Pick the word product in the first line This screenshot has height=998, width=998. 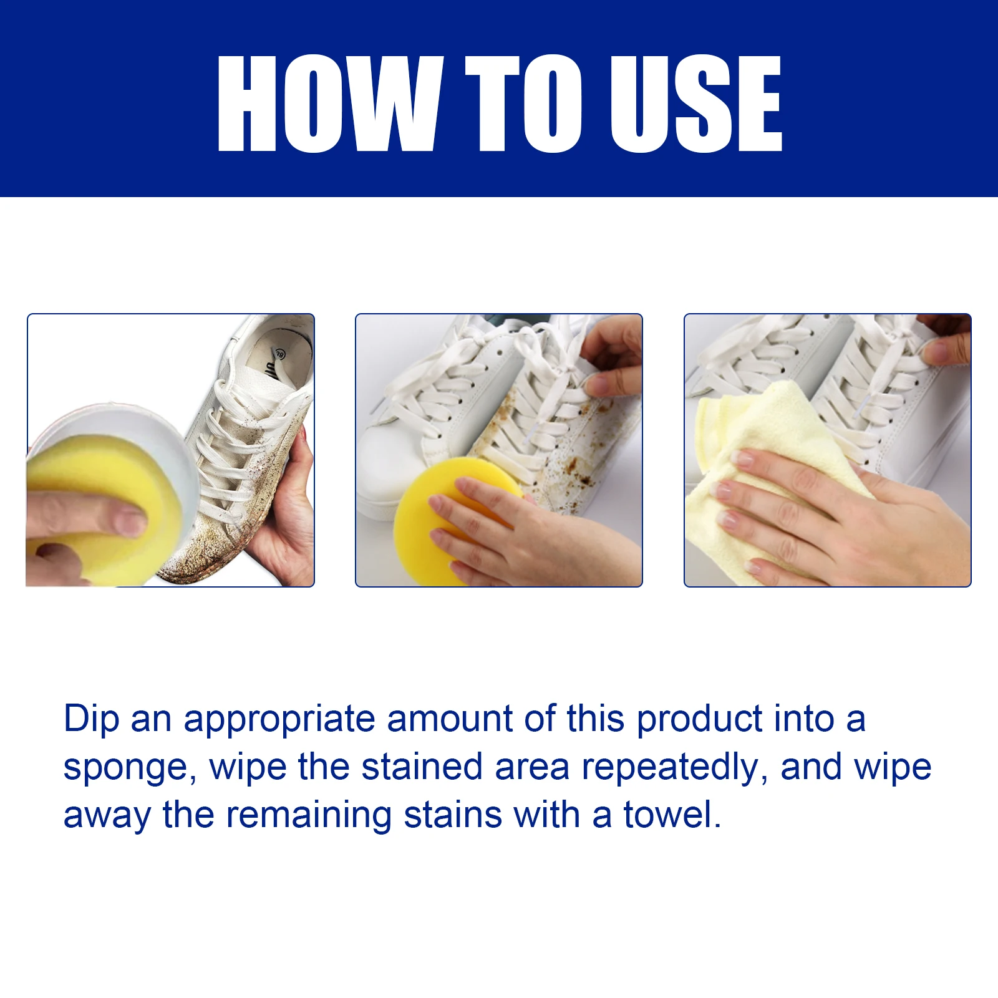(699, 719)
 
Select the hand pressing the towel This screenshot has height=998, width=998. (842, 518)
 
